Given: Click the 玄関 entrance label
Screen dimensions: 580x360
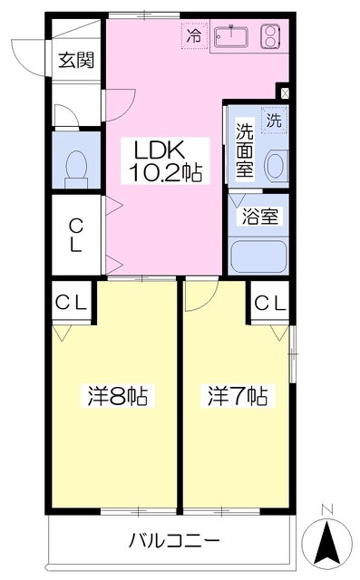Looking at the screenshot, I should [76, 61].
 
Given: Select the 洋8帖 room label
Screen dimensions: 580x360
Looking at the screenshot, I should [117, 396].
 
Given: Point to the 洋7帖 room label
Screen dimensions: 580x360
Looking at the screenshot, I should [238, 396].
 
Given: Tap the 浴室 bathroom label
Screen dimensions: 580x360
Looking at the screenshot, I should [258, 217].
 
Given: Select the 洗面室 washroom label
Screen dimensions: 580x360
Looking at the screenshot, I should [245, 150].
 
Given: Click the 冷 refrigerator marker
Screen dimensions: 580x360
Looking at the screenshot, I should [193, 35].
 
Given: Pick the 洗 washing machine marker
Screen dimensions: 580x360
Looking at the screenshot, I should [273, 118].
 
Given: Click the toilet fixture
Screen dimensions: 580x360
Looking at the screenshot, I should [77, 166].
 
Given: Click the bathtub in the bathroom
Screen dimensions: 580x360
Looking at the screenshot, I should [258, 256].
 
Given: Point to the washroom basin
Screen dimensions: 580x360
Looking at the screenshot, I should [274, 163].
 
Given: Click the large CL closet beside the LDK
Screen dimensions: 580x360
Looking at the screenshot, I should [76, 234].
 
